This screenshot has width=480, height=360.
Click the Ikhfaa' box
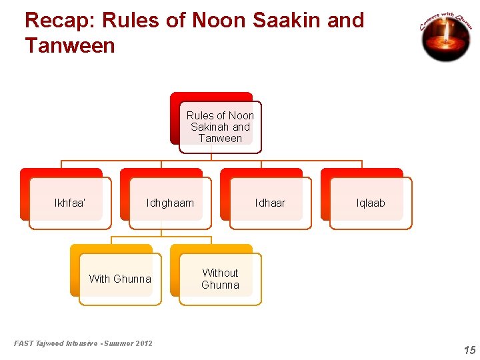point(69,203)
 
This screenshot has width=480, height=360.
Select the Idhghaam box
point(170,203)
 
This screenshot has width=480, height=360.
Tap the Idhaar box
point(270,203)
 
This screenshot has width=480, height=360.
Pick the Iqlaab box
point(371,203)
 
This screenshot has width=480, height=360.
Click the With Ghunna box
point(120,279)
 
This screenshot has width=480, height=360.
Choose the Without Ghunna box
point(220,279)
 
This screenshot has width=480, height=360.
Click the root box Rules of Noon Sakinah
point(220,127)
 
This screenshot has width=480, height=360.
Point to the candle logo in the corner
point(446,37)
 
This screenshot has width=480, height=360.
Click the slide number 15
point(469,350)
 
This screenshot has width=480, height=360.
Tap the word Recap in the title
point(55,21)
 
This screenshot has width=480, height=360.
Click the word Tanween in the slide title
point(69,46)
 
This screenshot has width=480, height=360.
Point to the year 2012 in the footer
point(143,343)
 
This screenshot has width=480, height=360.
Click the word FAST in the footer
point(23,343)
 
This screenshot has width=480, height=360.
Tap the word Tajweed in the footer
point(49,343)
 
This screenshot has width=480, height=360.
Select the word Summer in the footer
point(116,343)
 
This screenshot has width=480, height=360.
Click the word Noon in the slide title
point(219,21)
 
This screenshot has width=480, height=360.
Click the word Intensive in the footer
point(82,343)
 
